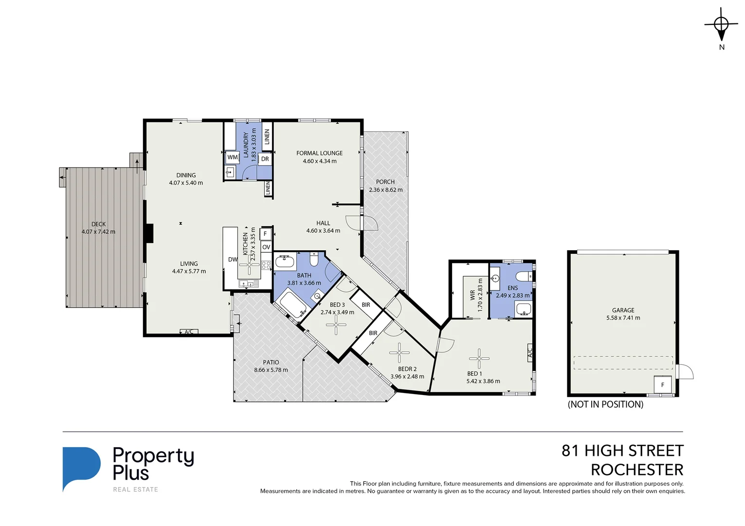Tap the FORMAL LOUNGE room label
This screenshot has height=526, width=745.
coord(319,153)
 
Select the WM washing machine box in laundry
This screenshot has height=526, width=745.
coord(233,157)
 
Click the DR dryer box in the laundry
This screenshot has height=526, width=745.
coord(265,159)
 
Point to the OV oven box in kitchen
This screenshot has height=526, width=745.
coord(266,247)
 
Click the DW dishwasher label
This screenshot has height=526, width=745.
coord(233,260)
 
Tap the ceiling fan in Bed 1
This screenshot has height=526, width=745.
coord(479,358)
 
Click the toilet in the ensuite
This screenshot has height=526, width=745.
coord(524,277)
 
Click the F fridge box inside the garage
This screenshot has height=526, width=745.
coord(662,384)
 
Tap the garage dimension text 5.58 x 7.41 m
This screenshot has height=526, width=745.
coord(623,318)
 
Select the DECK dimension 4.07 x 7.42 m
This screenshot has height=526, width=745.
coord(98,232)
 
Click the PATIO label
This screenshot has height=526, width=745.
coord(271,362)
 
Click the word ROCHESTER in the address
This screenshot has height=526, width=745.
coord(636,470)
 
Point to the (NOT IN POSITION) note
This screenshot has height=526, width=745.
coord(605,404)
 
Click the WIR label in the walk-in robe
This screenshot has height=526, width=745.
coord(472,295)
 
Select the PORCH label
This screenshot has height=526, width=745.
coord(385,182)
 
